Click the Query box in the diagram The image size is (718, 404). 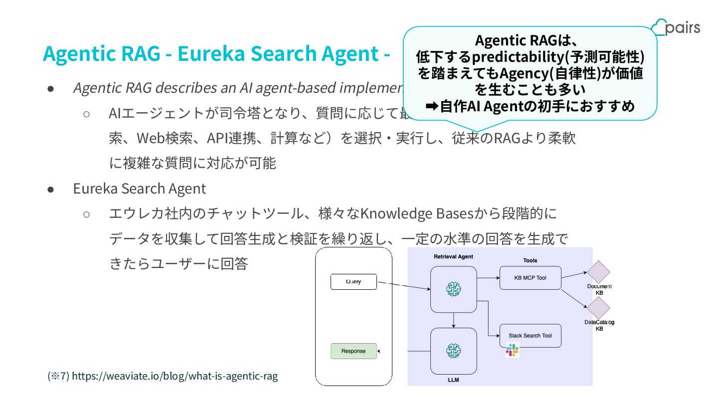coord(354,282)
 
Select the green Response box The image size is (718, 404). coord(354,351)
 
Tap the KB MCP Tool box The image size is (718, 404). coord(530,278)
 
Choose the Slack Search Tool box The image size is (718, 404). coord(530,336)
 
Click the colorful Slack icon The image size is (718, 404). coord(512,350)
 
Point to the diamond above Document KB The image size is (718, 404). coord(599,272)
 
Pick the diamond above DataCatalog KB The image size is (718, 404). coord(599,309)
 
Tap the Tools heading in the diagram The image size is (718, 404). coord(530,260)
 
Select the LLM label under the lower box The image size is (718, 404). coord(453,380)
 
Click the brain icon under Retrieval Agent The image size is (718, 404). coord(454,289)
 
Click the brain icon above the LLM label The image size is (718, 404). coord(454,351)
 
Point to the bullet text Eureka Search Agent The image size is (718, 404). coord(139,189)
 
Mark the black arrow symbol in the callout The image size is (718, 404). coord(432,106)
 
